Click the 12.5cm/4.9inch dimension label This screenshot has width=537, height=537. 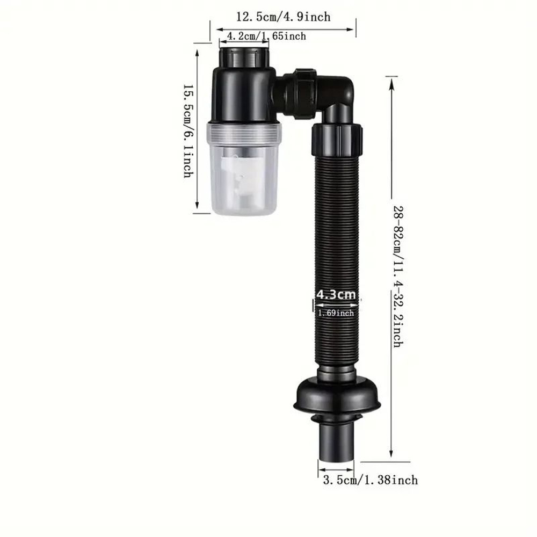click(283, 17)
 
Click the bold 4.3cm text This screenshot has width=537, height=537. click(336, 294)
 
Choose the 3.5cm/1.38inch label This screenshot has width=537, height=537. click(370, 480)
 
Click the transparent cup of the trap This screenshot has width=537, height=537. click(244, 172)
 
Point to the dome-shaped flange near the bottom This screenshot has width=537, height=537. click(338, 395)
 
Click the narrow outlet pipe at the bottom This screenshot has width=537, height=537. click(338, 440)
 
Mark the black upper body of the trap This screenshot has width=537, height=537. click(244, 94)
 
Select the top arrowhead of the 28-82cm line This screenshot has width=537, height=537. click(391, 81)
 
